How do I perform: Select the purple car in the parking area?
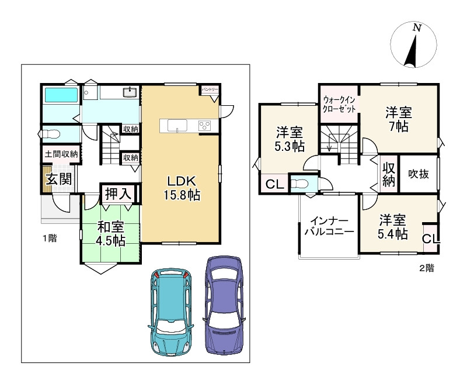(224, 305)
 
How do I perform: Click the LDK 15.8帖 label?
(182, 188)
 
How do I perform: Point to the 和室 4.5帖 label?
(110, 233)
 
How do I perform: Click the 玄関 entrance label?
(59, 179)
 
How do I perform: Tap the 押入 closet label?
(119, 194)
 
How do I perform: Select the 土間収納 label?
(61, 154)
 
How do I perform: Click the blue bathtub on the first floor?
(61, 95)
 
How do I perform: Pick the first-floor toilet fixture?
(50, 134)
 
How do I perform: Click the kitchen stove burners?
(205, 125)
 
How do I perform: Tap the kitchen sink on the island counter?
(177, 125)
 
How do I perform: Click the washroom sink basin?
(130, 92)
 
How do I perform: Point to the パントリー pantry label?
(210, 89)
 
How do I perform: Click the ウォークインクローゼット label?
(339, 104)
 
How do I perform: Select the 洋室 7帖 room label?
(399, 120)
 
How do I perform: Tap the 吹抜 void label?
(419, 174)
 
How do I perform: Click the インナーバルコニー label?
(329, 226)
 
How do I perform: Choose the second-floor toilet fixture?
(298, 183)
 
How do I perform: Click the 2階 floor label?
(427, 268)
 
